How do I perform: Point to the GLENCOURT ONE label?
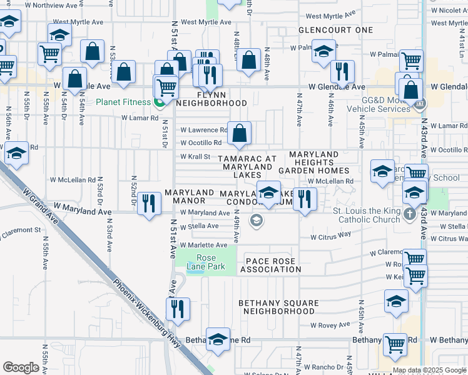pyautogui.click(x=335, y=30)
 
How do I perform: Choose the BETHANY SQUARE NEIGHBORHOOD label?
pyautogui.click(x=278, y=307)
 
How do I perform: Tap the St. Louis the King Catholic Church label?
pyautogui.click(x=367, y=215)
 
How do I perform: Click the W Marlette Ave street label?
pyautogui.click(x=203, y=245)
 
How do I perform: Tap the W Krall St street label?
pyautogui.click(x=195, y=157)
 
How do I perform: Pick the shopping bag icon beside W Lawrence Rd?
pyautogui.click(x=240, y=132)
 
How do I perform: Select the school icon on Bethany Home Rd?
pyautogui.click(x=218, y=339)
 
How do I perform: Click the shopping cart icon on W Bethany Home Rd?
pyautogui.click(x=395, y=344)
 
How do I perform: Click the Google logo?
pyautogui.click(x=21, y=367)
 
